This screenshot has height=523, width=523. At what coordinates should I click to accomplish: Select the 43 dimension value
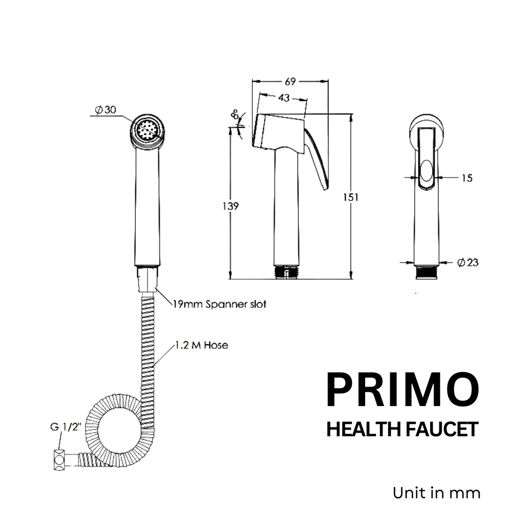(x=284, y=97)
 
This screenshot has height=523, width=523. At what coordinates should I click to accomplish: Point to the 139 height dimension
(x=231, y=206)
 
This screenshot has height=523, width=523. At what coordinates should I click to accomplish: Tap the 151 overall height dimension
(x=351, y=197)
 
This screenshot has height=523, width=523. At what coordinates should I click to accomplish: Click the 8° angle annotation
(x=235, y=115)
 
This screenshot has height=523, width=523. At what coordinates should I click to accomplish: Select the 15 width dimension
(x=466, y=178)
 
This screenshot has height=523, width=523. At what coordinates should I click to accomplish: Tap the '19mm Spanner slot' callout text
(x=219, y=304)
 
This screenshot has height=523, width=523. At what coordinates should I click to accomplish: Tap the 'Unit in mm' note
(x=436, y=493)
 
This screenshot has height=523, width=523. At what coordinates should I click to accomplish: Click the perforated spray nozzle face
(x=147, y=129)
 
